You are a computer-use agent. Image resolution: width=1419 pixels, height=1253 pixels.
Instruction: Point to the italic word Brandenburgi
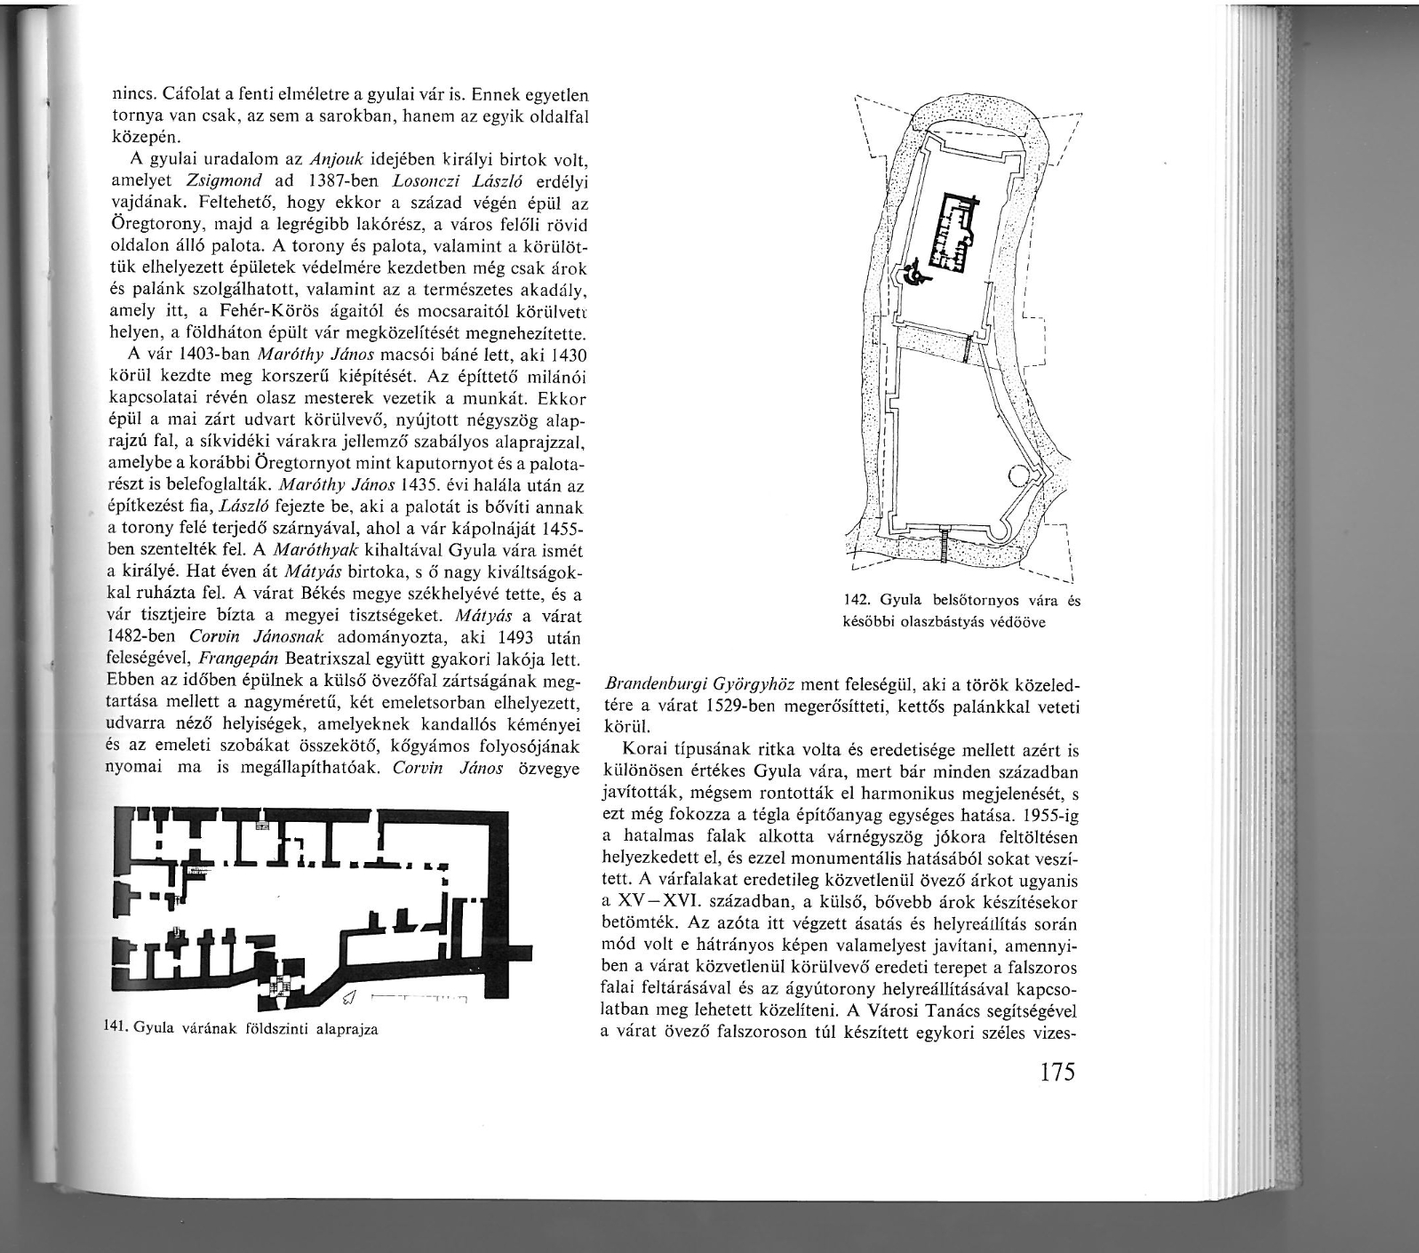pyautogui.click(x=652, y=686)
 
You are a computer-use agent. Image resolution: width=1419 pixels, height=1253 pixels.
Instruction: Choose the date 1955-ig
pyautogui.click(x=1050, y=815)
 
